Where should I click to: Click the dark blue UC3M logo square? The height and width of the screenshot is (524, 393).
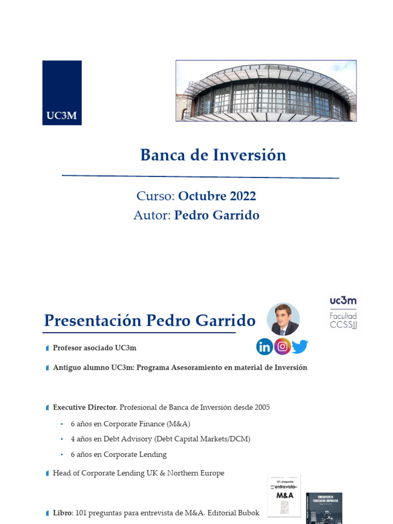[62, 93]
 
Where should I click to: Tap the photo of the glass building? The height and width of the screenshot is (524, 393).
[266, 91]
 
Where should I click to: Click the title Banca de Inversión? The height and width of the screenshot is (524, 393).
[213, 155]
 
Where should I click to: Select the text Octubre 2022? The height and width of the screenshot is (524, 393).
[217, 196]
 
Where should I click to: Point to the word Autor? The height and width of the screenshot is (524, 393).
[151, 215]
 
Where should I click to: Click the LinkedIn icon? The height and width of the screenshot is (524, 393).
[265, 347]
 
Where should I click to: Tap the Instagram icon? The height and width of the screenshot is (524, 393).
[282, 346]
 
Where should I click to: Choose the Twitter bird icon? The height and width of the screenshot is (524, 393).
[300, 347]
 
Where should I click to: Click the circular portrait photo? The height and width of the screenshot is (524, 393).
[283, 320]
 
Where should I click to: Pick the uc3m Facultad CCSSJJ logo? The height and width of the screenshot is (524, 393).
[343, 312]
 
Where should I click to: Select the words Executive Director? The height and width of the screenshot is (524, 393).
[85, 407]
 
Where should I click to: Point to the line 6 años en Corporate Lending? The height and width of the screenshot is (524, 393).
[118, 454]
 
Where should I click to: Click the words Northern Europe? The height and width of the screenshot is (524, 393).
[199, 473]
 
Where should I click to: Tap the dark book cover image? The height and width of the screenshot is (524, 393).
[324, 508]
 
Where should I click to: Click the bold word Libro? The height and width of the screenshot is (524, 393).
[63, 513]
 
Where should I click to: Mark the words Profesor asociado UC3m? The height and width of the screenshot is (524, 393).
[95, 348]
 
